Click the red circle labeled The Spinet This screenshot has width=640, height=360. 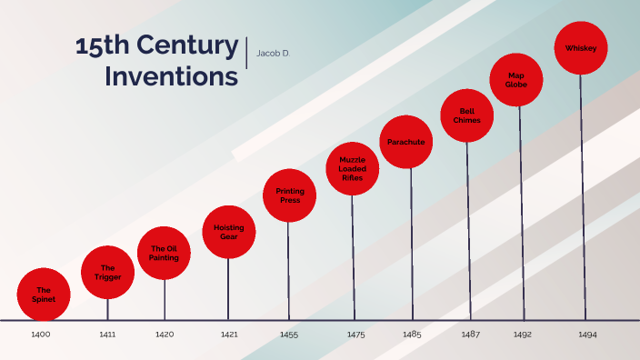(x=44, y=293)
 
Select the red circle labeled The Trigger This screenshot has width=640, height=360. (x=107, y=272)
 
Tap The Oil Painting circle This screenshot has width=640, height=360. (x=165, y=253)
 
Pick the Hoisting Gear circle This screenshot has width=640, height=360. (x=229, y=232)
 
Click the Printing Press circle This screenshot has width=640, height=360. (x=290, y=195)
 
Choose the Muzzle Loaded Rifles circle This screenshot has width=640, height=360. (x=352, y=169)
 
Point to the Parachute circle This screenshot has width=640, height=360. (x=405, y=142)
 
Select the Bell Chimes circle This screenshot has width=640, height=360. (x=467, y=115)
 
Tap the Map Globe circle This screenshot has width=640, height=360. (x=517, y=80)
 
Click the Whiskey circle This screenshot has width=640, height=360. (x=581, y=47)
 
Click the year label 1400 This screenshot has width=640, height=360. (x=41, y=335)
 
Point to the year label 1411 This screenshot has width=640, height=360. (x=107, y=335)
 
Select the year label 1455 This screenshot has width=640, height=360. (x=290, y=335)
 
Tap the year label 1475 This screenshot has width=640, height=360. (x=355, y=335)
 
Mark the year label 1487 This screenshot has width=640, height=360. (x=470, y=335)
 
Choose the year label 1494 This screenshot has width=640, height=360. (x=587, y=335)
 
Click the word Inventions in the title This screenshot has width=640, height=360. (x=171, y=77)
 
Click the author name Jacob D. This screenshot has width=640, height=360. (x=274, y=53)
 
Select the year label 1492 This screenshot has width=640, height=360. (x=522, y=335)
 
